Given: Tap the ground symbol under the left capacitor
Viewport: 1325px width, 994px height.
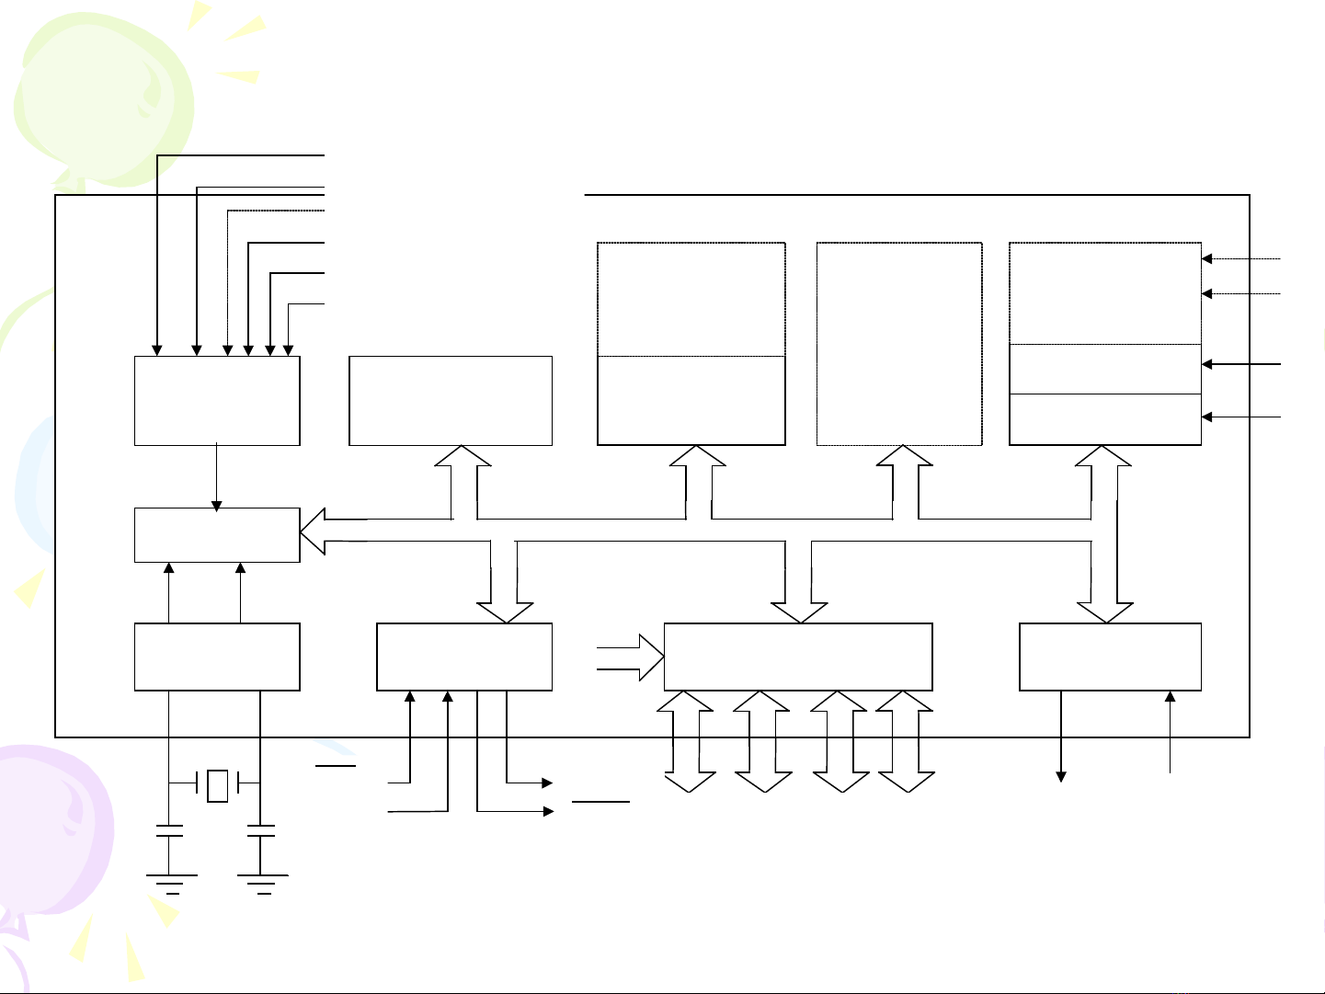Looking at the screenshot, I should point(171,883).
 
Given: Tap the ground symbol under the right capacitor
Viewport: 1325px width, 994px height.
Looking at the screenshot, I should point(262,883).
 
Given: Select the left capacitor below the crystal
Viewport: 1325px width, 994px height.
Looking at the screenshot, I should point(169,831).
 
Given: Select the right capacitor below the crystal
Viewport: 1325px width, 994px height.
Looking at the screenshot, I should point(261,831).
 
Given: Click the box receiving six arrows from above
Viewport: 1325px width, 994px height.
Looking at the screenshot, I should point(217,401).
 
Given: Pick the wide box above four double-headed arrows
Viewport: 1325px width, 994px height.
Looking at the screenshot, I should point(797,657).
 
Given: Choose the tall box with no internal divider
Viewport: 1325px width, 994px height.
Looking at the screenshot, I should point(898,344).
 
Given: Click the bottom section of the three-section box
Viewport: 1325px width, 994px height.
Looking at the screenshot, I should point(1104,419).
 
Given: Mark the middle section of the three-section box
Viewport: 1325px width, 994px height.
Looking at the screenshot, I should point(1104,369).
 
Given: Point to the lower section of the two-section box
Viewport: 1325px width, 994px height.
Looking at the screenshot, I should point(691,400).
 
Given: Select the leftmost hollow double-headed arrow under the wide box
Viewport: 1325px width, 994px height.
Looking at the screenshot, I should point(689,741).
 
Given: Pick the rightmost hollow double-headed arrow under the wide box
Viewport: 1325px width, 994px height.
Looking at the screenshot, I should point(906,741).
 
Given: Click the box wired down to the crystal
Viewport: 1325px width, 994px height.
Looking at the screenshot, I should point(217,657).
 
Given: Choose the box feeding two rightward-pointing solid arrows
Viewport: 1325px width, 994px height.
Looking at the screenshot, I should point(464,657).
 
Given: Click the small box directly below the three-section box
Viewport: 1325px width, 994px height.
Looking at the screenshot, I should point(1110,657).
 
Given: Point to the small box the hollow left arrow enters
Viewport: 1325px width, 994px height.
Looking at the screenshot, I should point(217,534).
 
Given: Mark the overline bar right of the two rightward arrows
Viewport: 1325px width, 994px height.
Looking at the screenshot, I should point(600,802).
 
